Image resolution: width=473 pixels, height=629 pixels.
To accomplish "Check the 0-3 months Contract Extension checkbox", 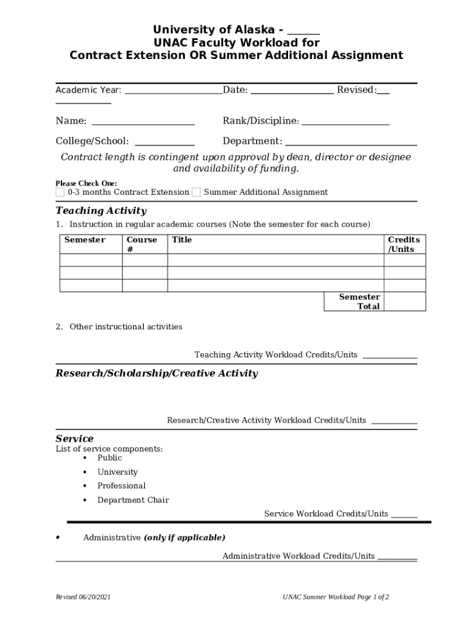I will pos(60,192).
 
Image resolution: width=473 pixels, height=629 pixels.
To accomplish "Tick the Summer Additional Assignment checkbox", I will pos(196,192).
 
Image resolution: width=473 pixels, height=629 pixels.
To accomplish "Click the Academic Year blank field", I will pos(173,91).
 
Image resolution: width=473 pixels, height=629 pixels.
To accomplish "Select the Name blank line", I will pos(143,122).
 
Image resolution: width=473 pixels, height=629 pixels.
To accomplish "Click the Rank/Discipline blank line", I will pos(345,122).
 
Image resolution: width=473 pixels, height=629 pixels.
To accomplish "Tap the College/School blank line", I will pos(164,142).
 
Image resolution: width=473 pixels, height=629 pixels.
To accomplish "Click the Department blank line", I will pos(351,142).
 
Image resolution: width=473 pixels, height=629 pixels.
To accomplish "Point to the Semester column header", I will pos(85,240).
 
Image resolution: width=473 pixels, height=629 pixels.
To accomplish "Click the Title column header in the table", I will pos(182,240).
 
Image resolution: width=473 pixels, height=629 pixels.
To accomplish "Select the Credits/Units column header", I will pos(404,244).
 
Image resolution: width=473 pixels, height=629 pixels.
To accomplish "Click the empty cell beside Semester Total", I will pos(404,302).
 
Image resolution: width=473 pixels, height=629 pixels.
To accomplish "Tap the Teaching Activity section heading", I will pos(101,211).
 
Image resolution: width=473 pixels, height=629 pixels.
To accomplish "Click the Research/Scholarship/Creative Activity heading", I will pos(157,373).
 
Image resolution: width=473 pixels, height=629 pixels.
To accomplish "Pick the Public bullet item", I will pos(109,458).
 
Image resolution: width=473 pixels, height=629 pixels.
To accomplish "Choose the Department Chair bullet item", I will pos(133,500).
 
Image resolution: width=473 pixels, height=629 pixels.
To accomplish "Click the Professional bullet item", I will pos(122,486).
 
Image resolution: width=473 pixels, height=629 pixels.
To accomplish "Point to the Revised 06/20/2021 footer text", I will pos(83,597).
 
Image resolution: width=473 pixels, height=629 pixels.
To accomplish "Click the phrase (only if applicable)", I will pos(184,537).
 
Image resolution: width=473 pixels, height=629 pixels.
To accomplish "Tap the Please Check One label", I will pos(86,183).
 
